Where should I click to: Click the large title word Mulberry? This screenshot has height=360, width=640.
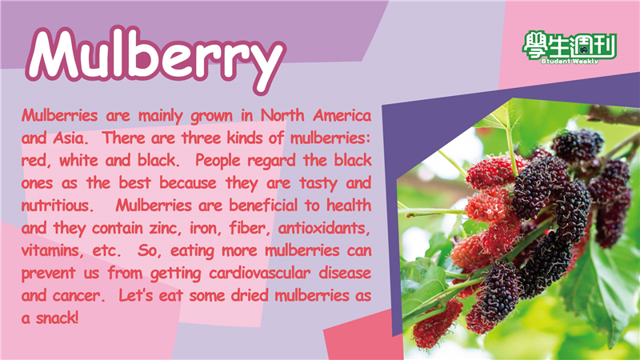tap(156, 58)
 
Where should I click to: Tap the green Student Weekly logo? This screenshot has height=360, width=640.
tap(570, 47)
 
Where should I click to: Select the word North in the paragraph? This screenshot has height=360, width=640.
tap(283, 115)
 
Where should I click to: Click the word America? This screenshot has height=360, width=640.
tap(342, 115)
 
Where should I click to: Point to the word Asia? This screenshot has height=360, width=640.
tap(70, 138)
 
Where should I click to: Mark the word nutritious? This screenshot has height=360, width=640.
tap(55, 206)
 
